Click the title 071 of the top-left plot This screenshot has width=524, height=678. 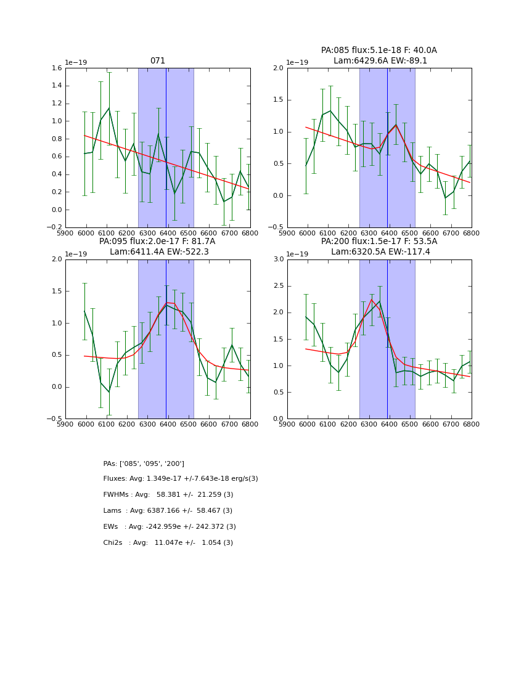(x=158, y=61)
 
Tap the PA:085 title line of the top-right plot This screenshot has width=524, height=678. (x=379, y=51)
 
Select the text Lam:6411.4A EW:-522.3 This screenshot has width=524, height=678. (x=159, y=252)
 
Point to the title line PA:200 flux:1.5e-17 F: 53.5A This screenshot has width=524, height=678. (x=379, y=242)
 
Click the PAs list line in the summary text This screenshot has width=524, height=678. (x=144, y=464)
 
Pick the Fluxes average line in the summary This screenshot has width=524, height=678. (x=181, y=479)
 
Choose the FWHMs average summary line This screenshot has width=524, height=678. (x=168, y=495)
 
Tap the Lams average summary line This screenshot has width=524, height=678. (x=168, y=511)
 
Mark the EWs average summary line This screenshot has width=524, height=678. (x=170, y=527)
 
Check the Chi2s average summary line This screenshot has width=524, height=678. (x=168, y=543)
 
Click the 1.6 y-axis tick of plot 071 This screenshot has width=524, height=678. (x=56, y=68)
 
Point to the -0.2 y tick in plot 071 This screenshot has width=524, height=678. (x=55, y=227)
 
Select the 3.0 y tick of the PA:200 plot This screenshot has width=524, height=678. (x=278, y=259)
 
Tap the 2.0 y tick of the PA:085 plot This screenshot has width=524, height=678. (x=278, y=68)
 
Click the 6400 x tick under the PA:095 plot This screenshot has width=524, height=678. (x=168, y=425)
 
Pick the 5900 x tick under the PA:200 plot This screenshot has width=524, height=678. (x=287, y=425)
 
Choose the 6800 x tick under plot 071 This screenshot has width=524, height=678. (x=250, y=234)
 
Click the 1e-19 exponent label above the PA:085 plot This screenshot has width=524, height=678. (x=298, y=62)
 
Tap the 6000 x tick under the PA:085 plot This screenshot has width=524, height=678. (x=308, y=234)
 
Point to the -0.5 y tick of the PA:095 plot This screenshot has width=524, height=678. (x=55, y=419)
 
